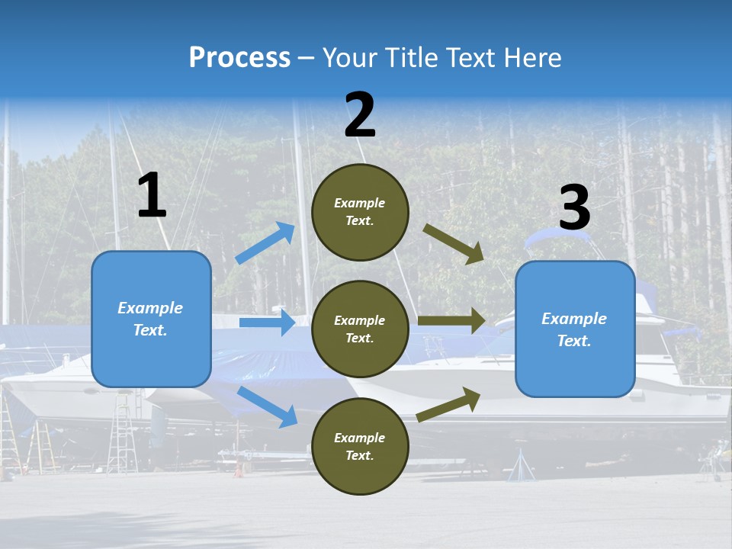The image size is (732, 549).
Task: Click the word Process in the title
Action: pyautogui.click(x=239, y=58)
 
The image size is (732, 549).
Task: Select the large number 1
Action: pyautogui.click(x=152, y=196)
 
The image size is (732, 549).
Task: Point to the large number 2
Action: pyautogui.click(x=360, y=115)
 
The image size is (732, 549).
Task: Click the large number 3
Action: pyautogui.click(x=574, y=208)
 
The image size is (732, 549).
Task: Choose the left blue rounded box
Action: pyautogui.click(x=151, y=319)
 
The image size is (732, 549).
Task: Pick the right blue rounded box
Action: pyautogui.click(x=575, y=329)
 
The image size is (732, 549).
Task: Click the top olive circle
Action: pyautogui.click(x=360, y=211)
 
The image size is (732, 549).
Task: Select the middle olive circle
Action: pyautogui.click(x=360, y=329)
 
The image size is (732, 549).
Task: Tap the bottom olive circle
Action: pyautogui.click(x=360, y=446)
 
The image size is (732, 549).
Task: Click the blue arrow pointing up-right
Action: pyautogui.click(x=265, y=242)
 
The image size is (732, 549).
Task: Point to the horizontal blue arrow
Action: pyautogui.click(x=267, y=323)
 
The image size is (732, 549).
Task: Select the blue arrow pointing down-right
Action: pyautogui.click(x=268, y=406)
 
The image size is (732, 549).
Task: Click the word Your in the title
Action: pyautogui.click(x=348, y=58)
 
